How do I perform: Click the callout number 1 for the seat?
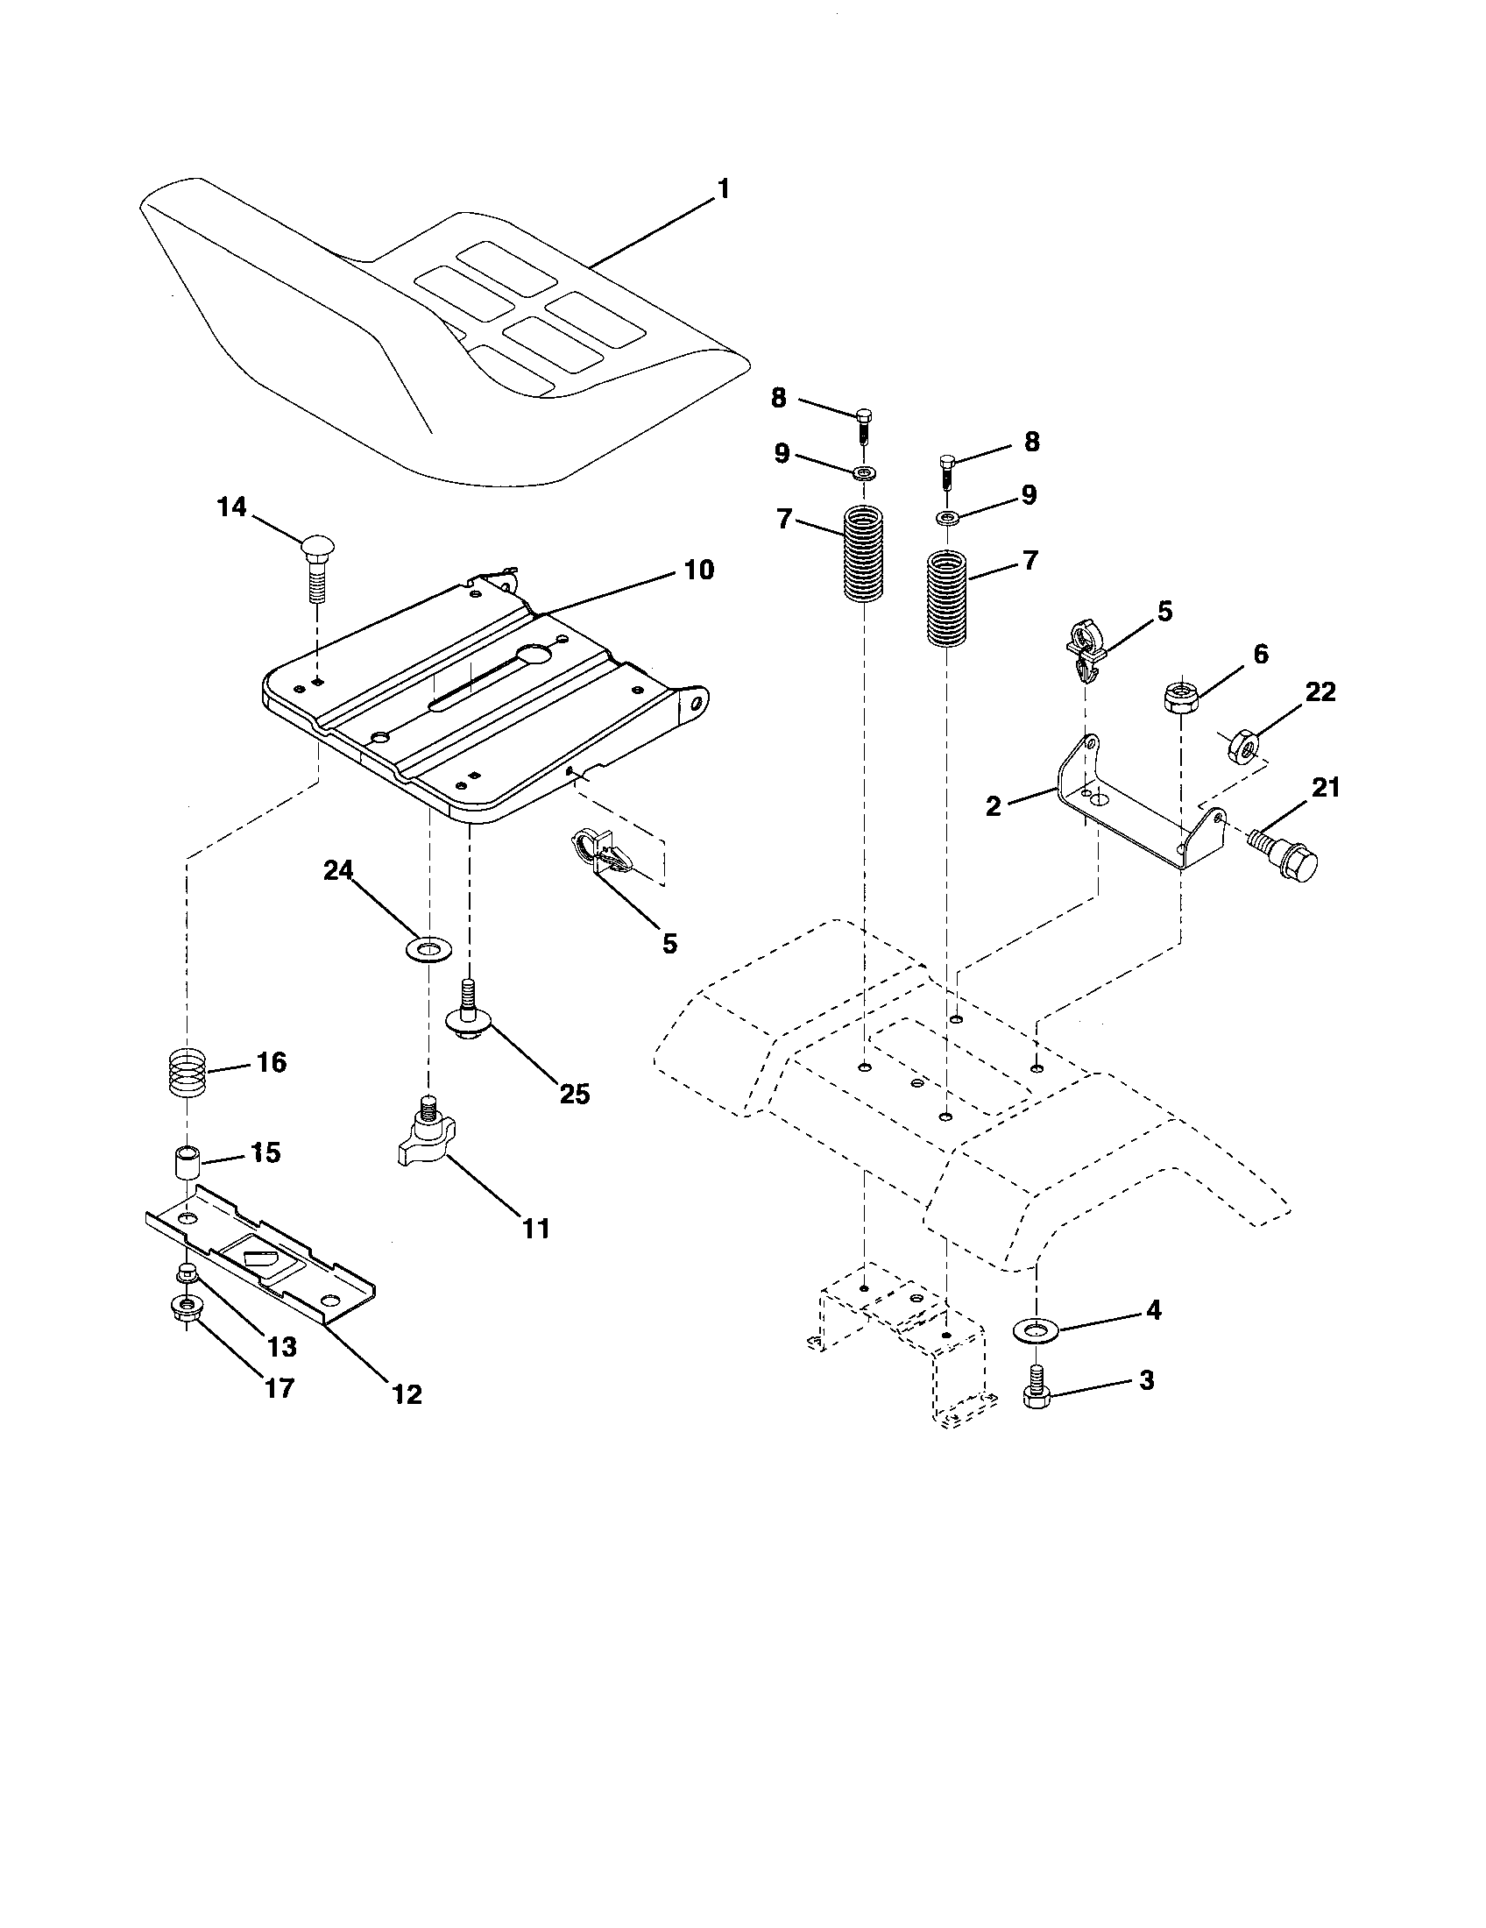pyautogui.click(x=723, y=189)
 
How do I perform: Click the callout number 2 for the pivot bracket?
pyautogui.click(x=994, y=805)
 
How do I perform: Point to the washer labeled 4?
pyautogui.click(x=1035, y=1328)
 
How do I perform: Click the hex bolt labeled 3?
pyautogui.click(x=1035, y=1390)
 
